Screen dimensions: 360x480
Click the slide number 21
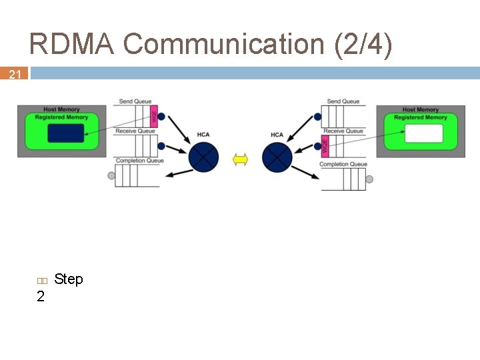[x=15, y=75]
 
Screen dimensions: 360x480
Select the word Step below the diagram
[x=69, y=279]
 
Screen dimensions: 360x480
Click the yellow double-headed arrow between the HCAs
[x=240, y=159]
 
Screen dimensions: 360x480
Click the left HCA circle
[x=203, y=158]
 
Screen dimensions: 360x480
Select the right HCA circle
[x=277, y=158]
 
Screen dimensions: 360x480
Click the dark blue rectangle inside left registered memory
[x=66, y=133]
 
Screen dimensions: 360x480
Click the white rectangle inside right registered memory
[x=423, y=133]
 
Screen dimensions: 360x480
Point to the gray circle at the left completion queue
[x=111, y=176]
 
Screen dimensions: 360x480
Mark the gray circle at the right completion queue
[x=369, y=179]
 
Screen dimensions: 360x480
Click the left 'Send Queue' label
[x=135, y=101]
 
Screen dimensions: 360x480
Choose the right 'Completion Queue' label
[x=343, y=164]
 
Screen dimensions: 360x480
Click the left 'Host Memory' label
[x=61, y=109]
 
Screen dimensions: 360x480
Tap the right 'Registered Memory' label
[x=421, y=117]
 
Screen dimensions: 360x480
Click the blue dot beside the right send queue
[x=318, y=117]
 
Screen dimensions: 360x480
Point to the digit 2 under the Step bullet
[x=41, y=297]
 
